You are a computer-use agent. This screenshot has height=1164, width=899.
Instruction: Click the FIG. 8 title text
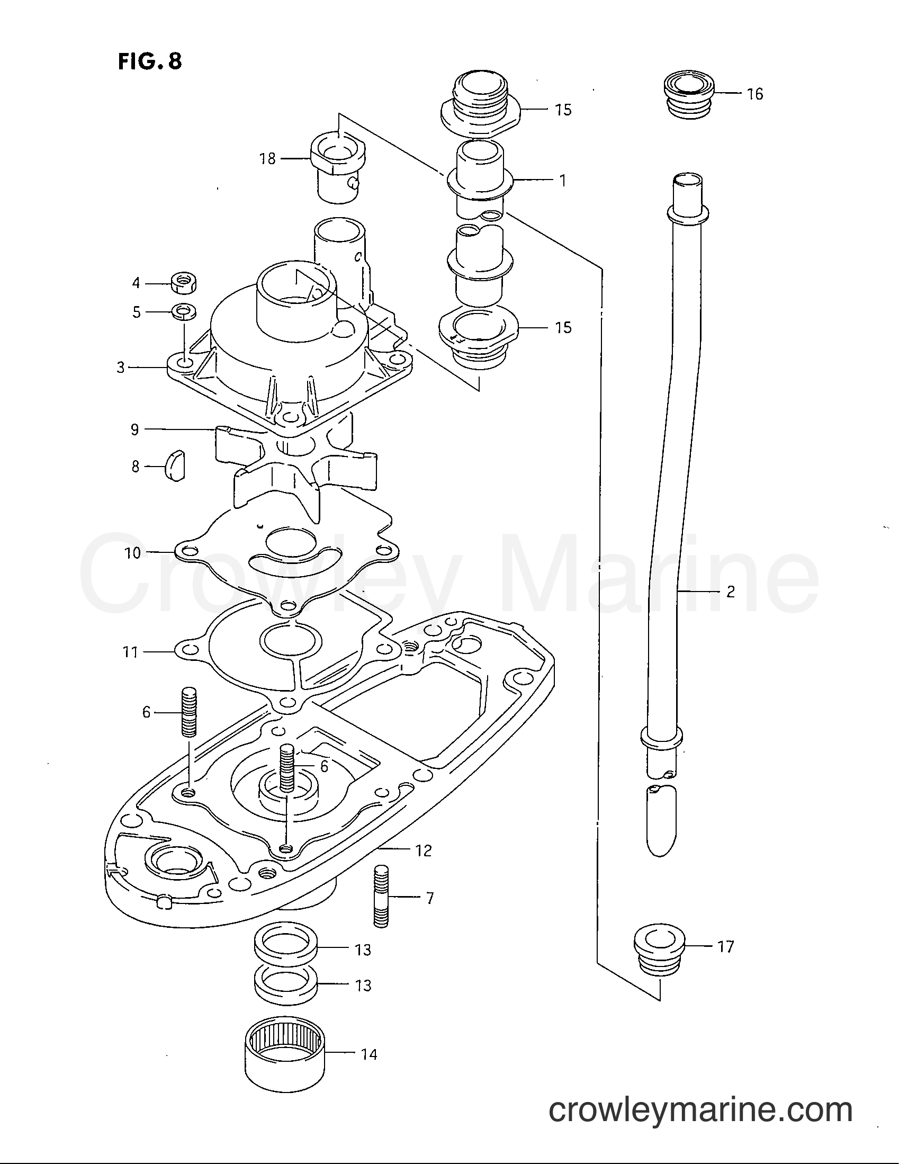point(149,61)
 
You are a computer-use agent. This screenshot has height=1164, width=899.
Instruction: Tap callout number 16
point(755,94)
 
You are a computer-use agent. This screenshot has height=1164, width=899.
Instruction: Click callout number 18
point(267,158)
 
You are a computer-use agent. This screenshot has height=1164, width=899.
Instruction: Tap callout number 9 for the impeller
point(135,429)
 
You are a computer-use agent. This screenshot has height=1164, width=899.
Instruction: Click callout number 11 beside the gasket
point(131,651)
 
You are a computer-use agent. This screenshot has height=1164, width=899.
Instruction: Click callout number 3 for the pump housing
point(121,367)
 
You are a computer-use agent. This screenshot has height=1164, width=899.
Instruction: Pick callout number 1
point(563,181)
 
